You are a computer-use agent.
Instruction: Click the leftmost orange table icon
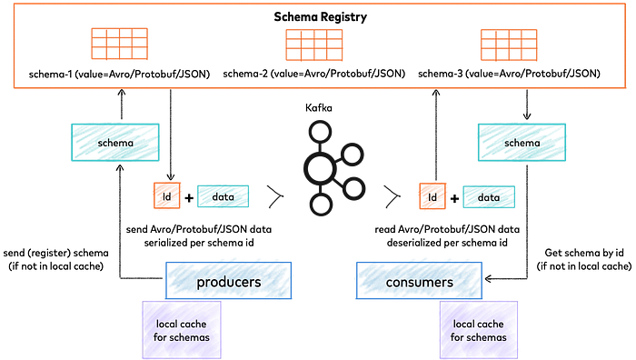(119, 44)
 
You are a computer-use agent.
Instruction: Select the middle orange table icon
(313, 44)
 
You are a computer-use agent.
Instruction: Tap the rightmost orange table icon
(509, 44)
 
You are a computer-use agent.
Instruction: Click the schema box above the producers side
(115, 143)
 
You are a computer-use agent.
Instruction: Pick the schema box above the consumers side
(522, 143)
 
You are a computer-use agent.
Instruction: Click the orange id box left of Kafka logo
(167, 196)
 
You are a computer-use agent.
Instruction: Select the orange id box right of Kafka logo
(432, 196)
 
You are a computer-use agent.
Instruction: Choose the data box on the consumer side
(489, 196)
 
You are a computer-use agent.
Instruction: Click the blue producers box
(228, 283)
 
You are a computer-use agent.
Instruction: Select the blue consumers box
(419, 283)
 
